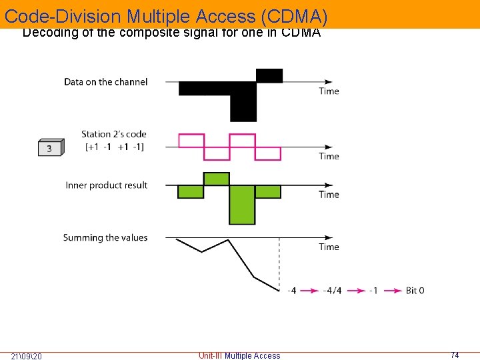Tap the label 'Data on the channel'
pyautogui.click(x=105, y=82)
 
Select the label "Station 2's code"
pyautogui.click(x=113, y=135)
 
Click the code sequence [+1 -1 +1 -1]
pyautogui.click(x=115, y=147)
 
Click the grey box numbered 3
pyautogui.click(x=50, y=147)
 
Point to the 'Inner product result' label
pyautogui.click(x=106, y=185)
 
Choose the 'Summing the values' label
pyautogui.click(x=105, y=237)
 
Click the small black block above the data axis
pyautogui.click(x=269, y=75)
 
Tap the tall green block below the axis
pyautogui.click(x=242, y=204)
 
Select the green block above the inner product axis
pyautogui.click(x=216, y=179)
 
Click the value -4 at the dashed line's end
pyautogui.click(x=291, y=291)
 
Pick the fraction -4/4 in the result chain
pyautogui.click(x=332, y=291)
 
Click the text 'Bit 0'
pyautogui.click(x=415, y=291)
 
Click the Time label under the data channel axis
pyautogui.click(x=329, y=91)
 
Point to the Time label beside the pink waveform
pyautogui.click(x=329, y=156)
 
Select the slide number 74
pyautogui.click(x=455, y=355)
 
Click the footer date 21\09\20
pyautogui.click(x=27, y=356)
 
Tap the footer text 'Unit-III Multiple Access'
pyautogui.click(x=239, y=356)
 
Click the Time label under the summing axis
pyautogui.click(x=329, y=247)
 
